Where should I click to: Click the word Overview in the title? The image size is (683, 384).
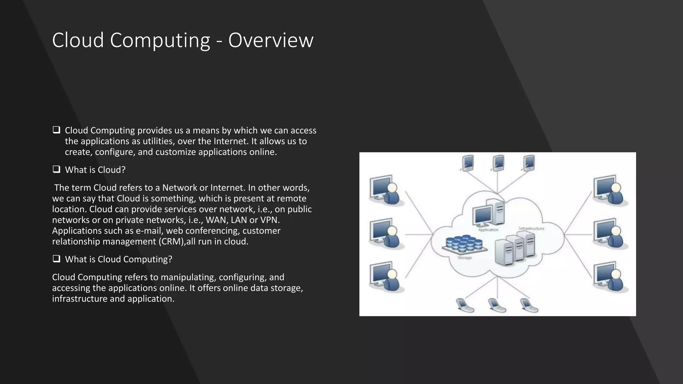click(x=271, y=40)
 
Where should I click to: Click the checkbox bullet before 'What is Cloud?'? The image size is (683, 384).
click(x=56, y=169)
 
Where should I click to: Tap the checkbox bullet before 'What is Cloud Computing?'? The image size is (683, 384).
click(x=56, y=259)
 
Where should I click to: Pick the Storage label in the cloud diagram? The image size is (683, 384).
click(x=465, y=258)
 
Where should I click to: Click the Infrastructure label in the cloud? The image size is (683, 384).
click(x=531, y=229)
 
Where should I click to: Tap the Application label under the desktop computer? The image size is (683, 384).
click(x=488, y=230)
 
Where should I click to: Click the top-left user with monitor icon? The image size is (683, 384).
click(x=385, y=190)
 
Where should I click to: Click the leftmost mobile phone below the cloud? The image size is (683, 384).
click(x=465, y=305)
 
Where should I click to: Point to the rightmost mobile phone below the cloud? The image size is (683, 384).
click(x=529, y=305)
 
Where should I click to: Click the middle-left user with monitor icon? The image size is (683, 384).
click(x=385, y=233)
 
